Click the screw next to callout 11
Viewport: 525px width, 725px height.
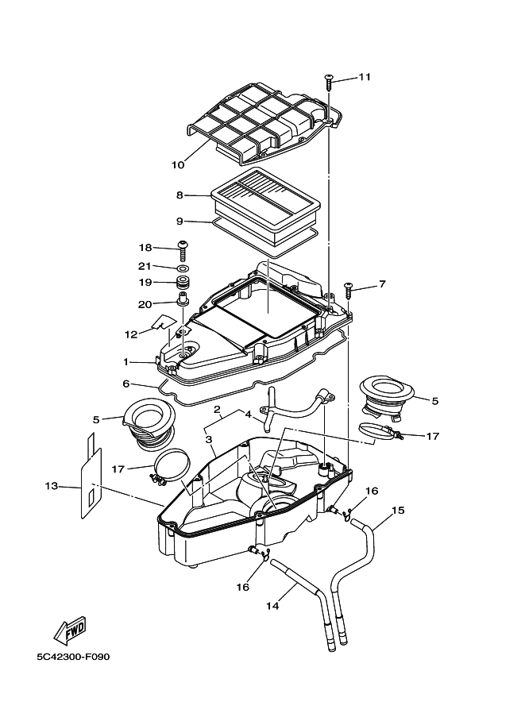[x=330, y=82]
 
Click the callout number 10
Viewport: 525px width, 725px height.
[x=178, y=164]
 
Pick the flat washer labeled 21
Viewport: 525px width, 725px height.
[x=183, y=268]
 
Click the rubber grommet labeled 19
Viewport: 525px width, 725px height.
[x=184, y=282]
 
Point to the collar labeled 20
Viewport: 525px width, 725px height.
[x=183, y=299]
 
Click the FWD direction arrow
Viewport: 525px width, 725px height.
[x=71, y=631]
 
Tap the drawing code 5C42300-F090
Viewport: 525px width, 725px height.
[x=74, y=657]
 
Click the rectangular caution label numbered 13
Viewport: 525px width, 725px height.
[x=91, y=478]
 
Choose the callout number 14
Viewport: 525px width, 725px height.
[x=273, y=605]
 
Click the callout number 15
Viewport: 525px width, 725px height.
[x=398, y=510]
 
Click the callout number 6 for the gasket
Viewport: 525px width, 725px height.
[x=125, y=384]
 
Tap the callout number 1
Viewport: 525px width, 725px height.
[x=125, y=362]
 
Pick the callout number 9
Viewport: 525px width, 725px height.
[x=180, y=221]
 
